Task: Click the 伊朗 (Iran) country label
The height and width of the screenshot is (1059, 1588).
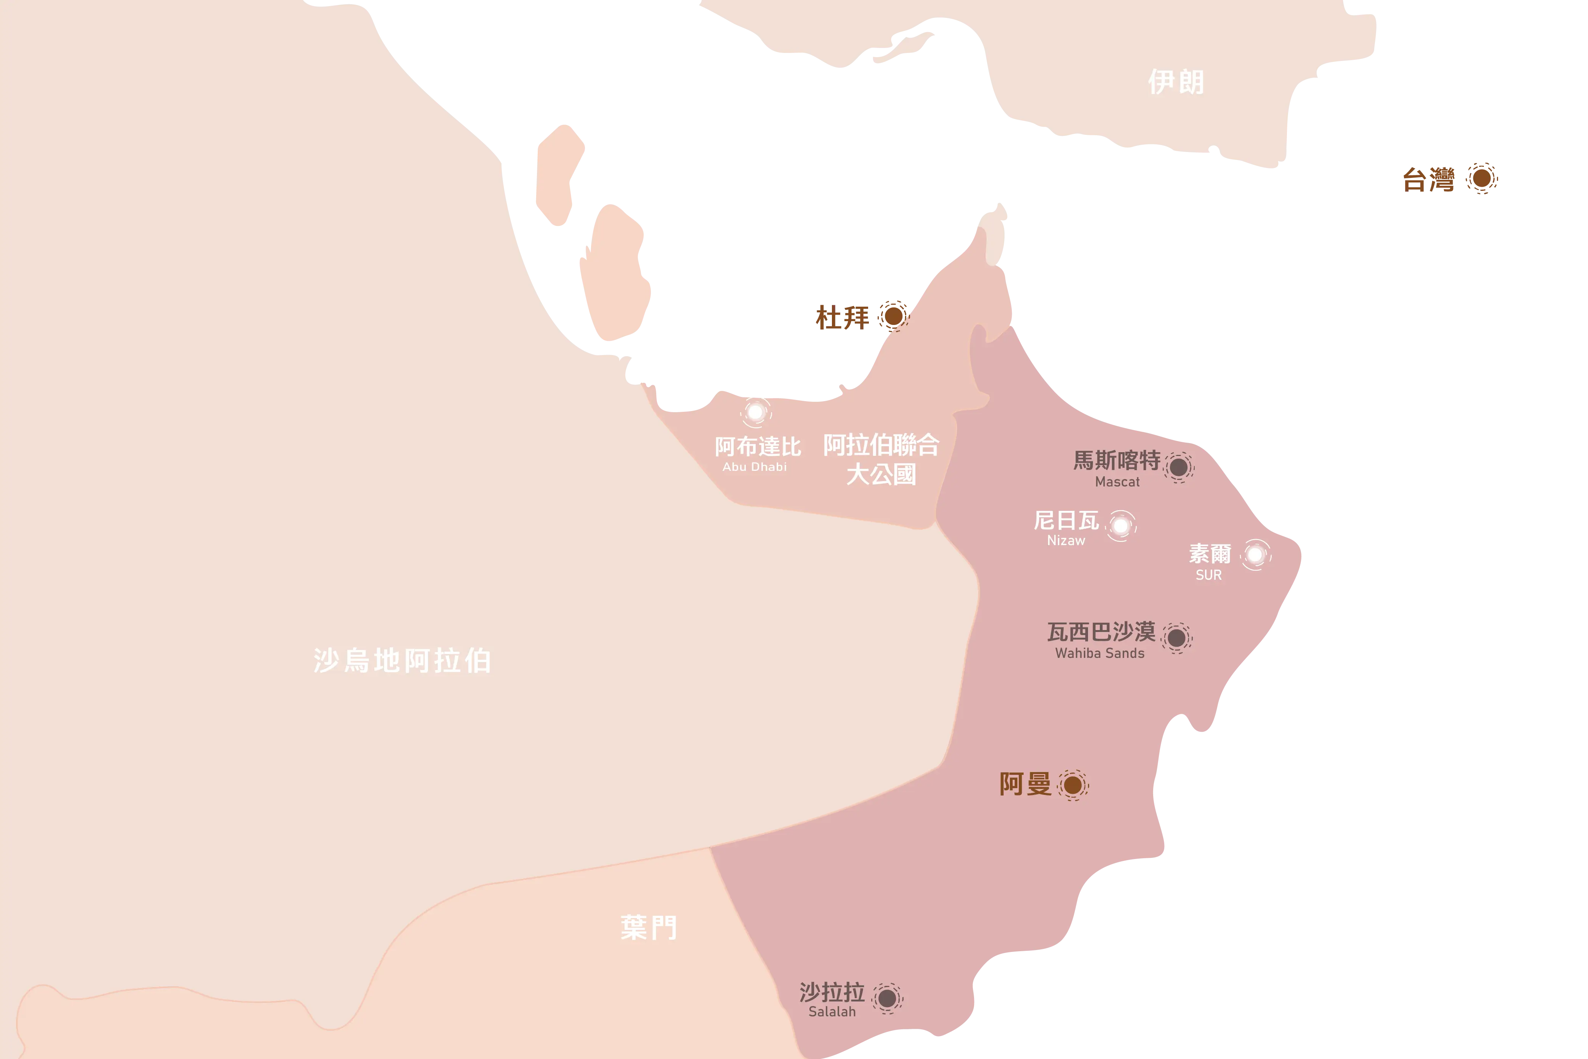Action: click(1176, 82)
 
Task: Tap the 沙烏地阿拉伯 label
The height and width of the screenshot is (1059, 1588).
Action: click(402, 661)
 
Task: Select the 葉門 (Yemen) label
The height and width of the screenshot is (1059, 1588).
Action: click(649, 927)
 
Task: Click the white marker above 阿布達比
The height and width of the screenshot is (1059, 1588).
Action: click(755, 411)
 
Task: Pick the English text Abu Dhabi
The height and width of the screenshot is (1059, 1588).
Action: click(755, 467)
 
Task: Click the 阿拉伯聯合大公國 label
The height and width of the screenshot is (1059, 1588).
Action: click(881, 459)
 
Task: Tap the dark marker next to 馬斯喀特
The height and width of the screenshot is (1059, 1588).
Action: click(1179, 467)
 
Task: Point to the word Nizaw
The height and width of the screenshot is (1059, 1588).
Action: click(1066, 540)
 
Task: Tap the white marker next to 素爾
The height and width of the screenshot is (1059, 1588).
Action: click(1255, 555)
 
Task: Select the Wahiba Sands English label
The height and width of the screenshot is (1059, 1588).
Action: click(1100, 653)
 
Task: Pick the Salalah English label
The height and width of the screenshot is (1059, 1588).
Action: click(832, 1012)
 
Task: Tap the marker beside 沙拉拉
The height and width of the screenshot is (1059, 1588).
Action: click(887, 998)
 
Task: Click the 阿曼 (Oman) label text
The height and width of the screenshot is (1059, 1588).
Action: click(1026, 784)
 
